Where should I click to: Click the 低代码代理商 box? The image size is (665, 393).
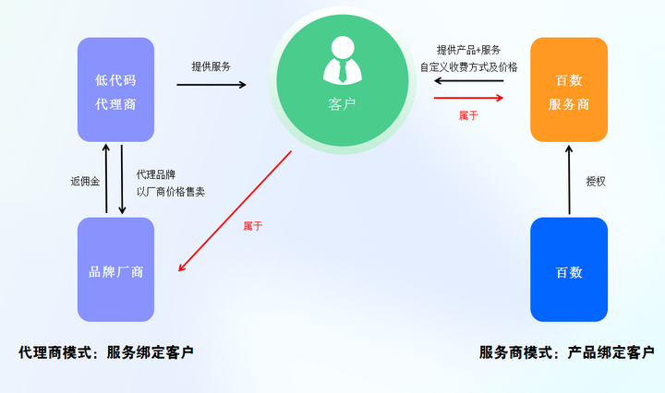(x=115, y=89)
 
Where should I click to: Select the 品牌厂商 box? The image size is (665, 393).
(x=115, y=271)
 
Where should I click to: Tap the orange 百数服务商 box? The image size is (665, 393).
(x=569, y=89)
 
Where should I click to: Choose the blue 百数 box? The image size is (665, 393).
(x=569, y=271)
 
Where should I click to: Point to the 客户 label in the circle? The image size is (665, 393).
(x=341, y=105)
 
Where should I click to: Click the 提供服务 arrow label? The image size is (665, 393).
(x=212, y=66)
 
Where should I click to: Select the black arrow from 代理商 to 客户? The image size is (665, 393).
(x=212, y=85)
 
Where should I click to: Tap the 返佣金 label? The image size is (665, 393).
(x=83, y=182)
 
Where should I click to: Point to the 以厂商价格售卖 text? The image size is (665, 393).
(x=170, y=191)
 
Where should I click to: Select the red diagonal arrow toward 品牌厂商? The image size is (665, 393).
(x=235, y=211)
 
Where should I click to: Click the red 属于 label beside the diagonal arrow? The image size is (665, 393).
(x=252, y=226)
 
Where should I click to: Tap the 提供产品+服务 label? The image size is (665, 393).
(x=468, y=50)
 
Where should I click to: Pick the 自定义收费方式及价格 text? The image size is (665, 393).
(x=468, y=66)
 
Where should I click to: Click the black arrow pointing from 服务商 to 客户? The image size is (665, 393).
(x=468, y=81)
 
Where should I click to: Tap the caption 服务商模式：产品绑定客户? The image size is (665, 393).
(x=566, y=352)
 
